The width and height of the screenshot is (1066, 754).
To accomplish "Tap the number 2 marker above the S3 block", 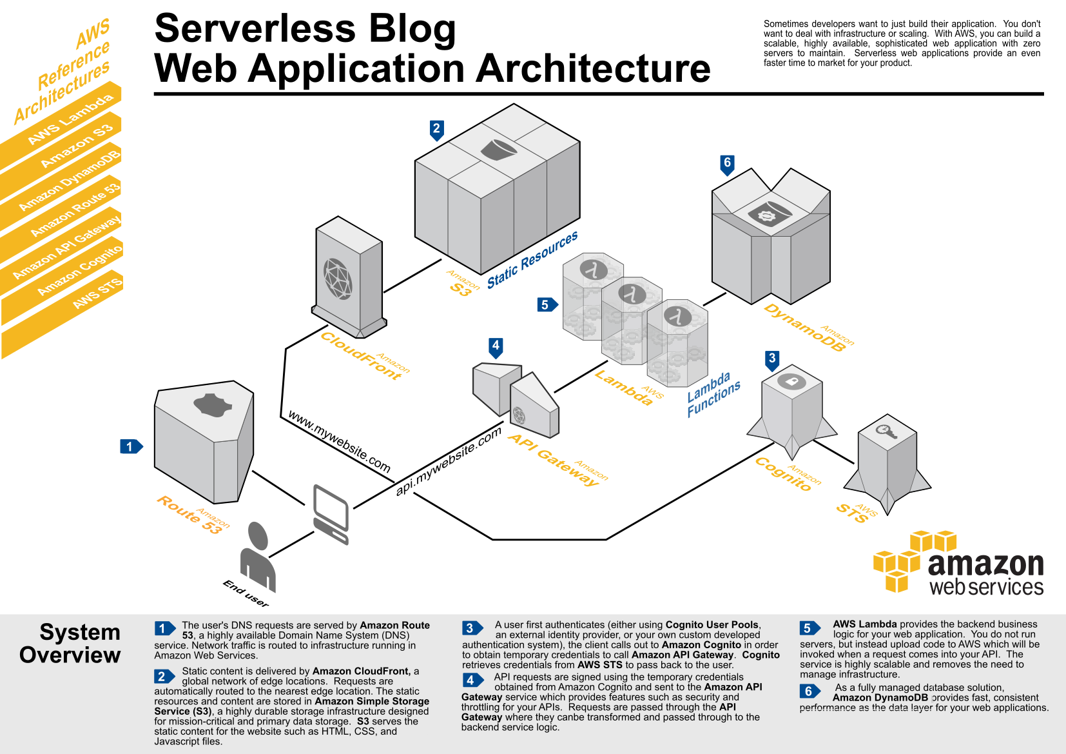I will coord(436,129).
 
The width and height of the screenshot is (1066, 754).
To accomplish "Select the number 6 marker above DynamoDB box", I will coord(727,163).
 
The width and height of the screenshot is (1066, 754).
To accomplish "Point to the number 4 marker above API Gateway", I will coord(496,346).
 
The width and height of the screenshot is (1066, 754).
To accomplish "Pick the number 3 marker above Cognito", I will coord(772,359).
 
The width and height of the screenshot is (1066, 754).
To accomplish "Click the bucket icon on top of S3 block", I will coord(499,150).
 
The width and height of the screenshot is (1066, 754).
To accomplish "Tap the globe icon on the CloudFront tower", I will coord(338,279).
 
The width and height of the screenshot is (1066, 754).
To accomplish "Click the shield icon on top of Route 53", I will coord(212,405).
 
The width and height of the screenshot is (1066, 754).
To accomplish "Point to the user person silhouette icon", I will coord(258,556).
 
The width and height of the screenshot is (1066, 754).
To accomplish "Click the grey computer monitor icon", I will coord(331,513).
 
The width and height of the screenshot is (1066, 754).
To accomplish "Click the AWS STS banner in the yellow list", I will coord(97,293).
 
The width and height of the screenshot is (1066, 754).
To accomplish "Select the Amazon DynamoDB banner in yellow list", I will coord(70,180).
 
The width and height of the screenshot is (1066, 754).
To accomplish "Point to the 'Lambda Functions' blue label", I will coord(713,394).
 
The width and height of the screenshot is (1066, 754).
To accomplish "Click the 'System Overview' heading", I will coord(70,643).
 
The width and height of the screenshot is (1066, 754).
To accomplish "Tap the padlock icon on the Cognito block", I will coord(791,381).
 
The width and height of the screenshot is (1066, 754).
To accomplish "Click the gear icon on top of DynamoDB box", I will coord(767,215).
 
